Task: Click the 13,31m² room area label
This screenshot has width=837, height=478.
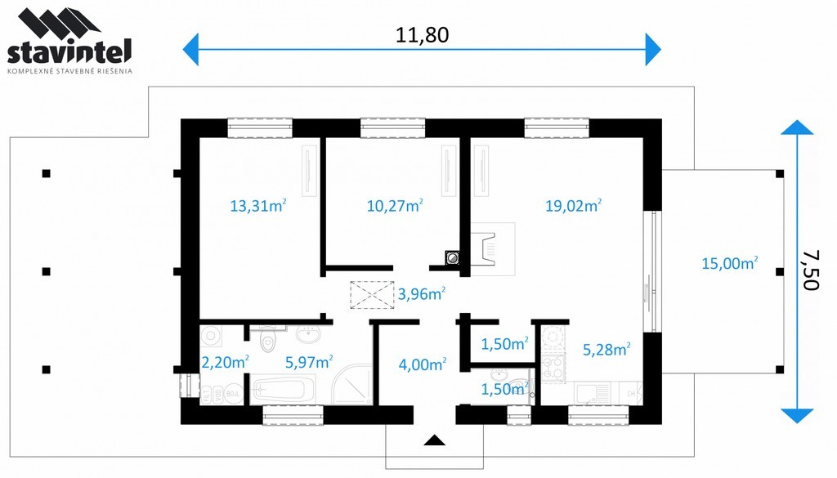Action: click(x=258, y=205)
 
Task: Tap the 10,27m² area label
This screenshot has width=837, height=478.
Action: click(x=395, y=205)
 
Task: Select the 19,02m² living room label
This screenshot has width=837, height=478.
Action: click(x=573, y=205)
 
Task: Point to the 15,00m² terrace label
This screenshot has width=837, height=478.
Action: click(x=730, y=263)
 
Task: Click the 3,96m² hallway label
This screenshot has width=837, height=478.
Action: click(x=422, y=293)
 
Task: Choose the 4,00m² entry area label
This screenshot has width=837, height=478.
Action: click(x=423, y=364)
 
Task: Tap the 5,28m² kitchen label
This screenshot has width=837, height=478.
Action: click(x=606, y=350)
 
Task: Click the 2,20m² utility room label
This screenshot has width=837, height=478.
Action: click(x=225, y=362)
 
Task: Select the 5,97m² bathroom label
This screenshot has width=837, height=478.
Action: click(x=309, y=362)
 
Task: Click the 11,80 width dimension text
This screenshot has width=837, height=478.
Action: click(x=422, y=35)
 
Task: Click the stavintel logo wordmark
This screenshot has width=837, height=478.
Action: click(x=69, y=53)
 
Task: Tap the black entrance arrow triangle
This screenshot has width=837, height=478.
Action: click(x=435, y=440)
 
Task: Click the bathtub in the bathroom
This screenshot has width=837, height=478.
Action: click(x=283, y=390)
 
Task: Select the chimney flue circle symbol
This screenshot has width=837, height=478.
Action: click(x=453, y=258)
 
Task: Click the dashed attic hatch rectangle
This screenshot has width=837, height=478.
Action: click(x=372, y=295)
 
